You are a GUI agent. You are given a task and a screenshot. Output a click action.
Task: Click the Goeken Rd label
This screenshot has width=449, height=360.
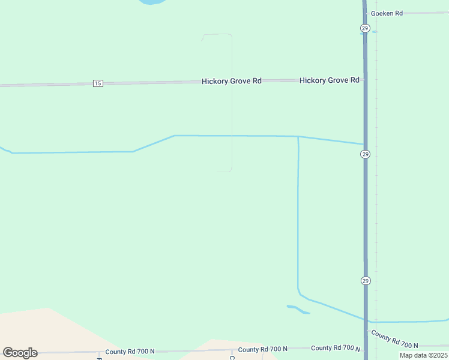387,13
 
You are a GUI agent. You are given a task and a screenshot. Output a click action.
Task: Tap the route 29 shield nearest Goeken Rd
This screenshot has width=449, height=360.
365,28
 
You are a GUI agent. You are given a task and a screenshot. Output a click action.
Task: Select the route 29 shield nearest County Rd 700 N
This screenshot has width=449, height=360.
366,280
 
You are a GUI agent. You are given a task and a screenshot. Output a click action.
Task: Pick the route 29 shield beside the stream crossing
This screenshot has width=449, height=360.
366,154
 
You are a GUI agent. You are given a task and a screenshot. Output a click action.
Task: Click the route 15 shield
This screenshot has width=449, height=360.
98,83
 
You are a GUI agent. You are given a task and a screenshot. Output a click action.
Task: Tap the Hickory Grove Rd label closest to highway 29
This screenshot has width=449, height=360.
329,80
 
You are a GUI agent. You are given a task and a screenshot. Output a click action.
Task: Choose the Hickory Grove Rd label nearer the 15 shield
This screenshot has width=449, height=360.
231,80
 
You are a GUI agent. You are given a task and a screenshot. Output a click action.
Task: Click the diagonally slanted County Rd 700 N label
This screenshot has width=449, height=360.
394,340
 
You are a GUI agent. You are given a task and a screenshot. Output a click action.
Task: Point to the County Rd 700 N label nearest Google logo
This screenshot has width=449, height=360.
130,351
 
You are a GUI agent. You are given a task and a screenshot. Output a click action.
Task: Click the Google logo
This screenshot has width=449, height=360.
20,353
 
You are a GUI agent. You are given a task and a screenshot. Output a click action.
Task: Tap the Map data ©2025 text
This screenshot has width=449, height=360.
424,355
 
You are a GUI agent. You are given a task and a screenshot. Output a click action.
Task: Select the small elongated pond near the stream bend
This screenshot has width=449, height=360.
298,310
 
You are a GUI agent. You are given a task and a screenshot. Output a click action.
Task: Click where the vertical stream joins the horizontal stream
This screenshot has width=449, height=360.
298,137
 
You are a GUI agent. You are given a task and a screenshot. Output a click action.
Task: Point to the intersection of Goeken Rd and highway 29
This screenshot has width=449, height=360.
365,13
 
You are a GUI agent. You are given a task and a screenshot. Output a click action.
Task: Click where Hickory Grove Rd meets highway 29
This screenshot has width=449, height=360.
365,79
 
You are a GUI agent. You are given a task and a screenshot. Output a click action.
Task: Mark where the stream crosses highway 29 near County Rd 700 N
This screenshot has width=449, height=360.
366,320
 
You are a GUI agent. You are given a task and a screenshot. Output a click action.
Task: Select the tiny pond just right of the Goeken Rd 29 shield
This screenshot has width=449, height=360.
375,31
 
